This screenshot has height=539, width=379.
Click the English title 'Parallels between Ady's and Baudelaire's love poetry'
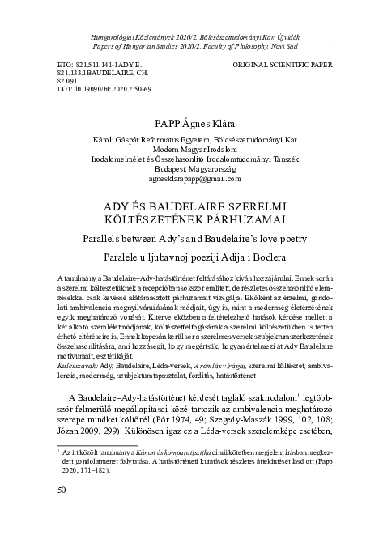click(189, 239)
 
